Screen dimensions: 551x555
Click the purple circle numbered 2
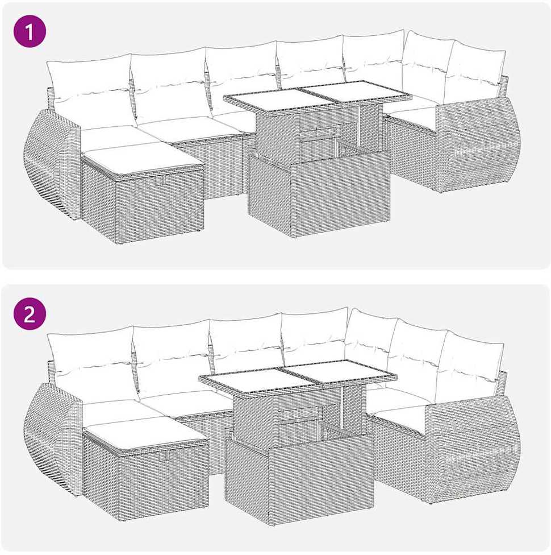pyautogui.click(x=30, y=313)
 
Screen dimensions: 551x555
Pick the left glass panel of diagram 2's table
pyautogui.click(x=257, y=381)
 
